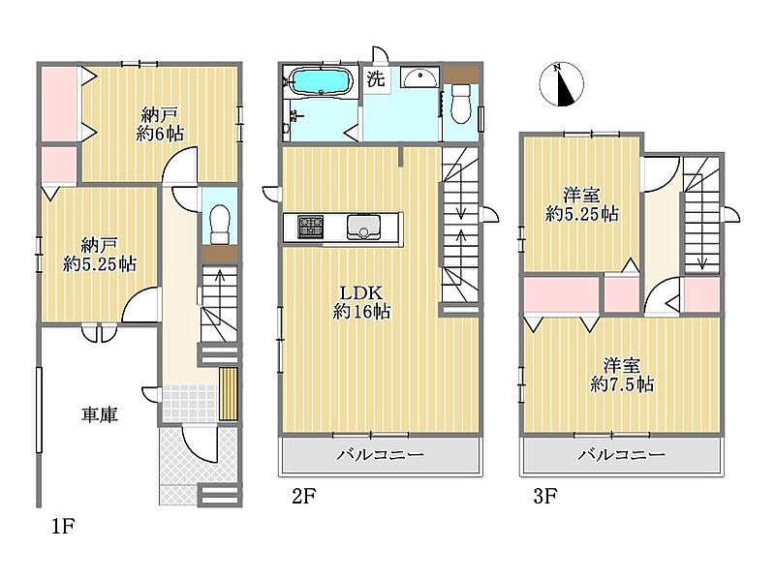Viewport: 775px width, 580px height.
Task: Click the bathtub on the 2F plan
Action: [x=321, y=81]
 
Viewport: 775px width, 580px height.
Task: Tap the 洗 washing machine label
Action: [x=376, y=79]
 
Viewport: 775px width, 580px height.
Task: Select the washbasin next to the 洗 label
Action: [x=419, y=76]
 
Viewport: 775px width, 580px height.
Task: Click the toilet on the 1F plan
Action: [x=220, y=225]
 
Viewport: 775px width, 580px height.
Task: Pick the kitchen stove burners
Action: [x=310, y=228]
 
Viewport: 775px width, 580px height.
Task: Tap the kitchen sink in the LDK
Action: [x=363, y=228]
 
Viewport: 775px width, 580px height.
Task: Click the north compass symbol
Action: [x=561, y=84]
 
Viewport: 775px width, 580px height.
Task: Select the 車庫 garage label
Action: [x=100, y=414]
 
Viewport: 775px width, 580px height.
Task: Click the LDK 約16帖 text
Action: [x=361, y=302]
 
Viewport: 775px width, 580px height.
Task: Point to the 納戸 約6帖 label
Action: [x=160, y=125]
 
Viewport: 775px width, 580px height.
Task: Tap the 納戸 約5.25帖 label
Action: [x=100, y=255]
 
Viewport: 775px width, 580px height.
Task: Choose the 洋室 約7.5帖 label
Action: [x=622, y=375]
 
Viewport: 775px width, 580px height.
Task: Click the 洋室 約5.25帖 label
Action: [x=582, y=205]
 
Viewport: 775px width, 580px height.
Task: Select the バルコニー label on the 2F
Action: [x=380, y=454]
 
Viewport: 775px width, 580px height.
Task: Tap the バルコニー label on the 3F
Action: [x=622, y=454]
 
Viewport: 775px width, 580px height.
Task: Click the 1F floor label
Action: [x=63, y=527]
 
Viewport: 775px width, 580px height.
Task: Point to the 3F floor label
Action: [x=545, y=496]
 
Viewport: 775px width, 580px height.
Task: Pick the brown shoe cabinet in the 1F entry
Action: [x=229, y=394]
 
